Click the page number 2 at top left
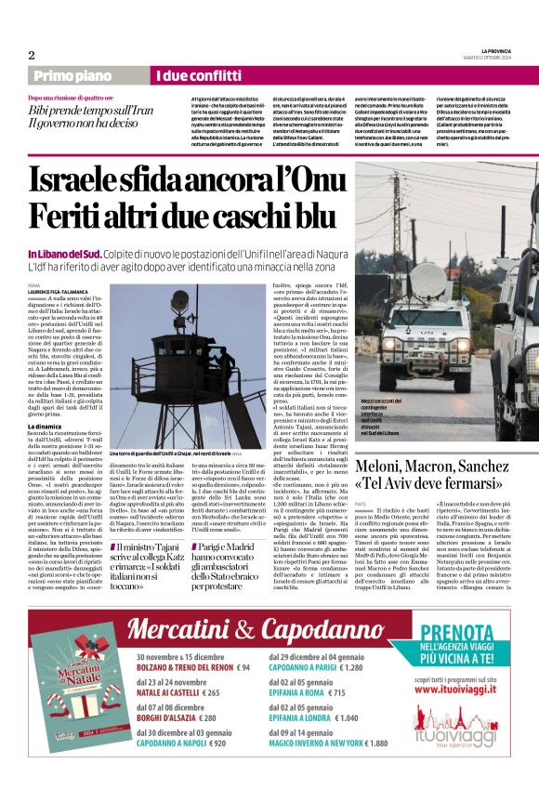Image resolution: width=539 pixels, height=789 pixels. pyautogui.click(x=32, y=54)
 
